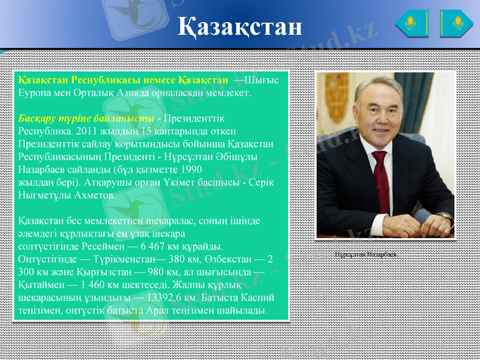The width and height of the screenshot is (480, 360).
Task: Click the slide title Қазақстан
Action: (x=240, y=26)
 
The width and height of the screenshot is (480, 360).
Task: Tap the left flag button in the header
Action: (x=412, y=24)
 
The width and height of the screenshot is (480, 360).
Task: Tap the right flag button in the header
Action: (x=457, y=24)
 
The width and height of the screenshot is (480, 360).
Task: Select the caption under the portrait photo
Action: (x=367, y=254)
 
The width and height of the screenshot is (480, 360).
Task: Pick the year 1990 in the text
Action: (x=188, y=169)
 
